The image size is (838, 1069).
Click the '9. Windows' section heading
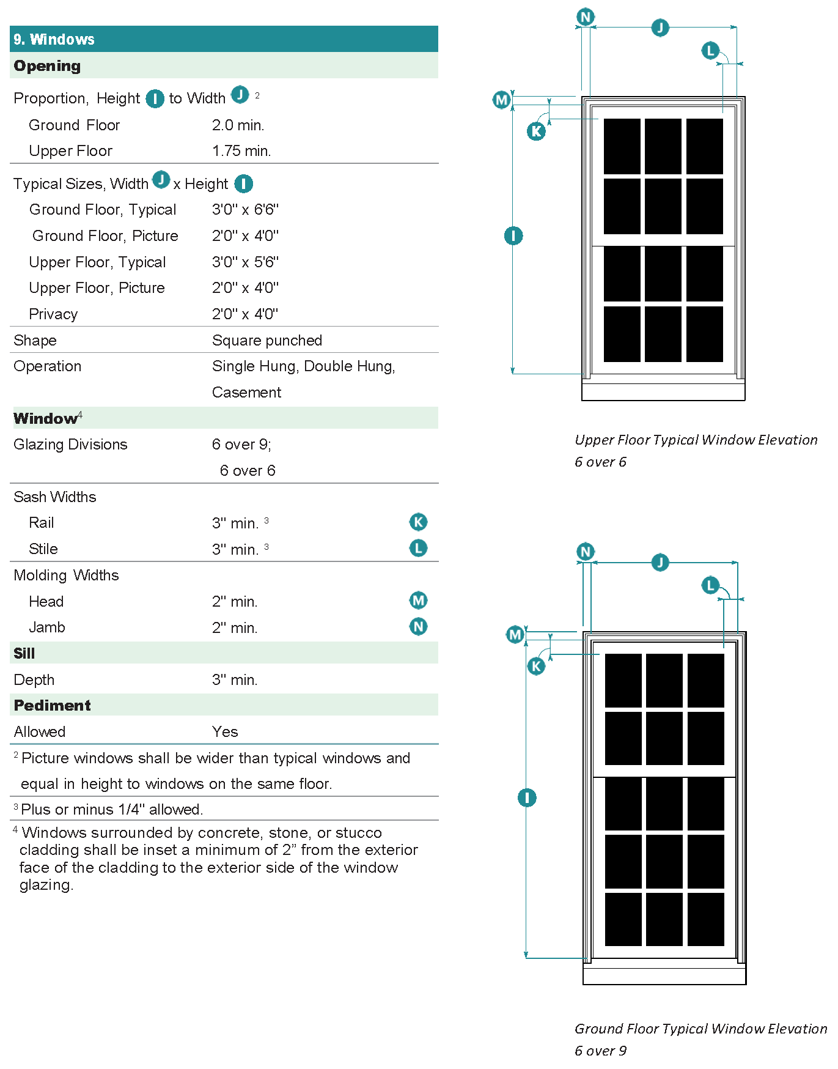pos(54,40)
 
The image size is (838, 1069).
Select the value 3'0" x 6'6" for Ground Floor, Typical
pos(245,210)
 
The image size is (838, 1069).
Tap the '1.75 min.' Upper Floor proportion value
pos(241,151)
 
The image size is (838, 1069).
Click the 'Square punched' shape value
pos(266,341)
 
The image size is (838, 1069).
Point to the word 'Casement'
pos(246,393)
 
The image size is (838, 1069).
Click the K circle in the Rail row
pos(418,522)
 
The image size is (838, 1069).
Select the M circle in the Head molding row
pos(418,601)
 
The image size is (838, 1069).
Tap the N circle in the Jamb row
pos(418,626)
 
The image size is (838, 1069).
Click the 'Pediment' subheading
pos(53,706)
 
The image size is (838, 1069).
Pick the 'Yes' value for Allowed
pos(225,732)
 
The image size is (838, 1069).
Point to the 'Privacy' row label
pos(53,314)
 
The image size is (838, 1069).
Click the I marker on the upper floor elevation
pos(513,235)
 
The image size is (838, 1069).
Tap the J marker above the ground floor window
pos(660,562)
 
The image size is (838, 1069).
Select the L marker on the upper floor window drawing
pos(710,50)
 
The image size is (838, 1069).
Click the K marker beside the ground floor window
pos(536,666)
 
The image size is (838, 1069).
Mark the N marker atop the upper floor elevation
pos(586,17)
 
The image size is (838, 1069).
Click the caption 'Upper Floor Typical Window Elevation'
pos(696,440)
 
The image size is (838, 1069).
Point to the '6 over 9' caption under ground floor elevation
pos(600,1051)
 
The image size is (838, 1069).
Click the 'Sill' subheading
pos(24,654)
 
